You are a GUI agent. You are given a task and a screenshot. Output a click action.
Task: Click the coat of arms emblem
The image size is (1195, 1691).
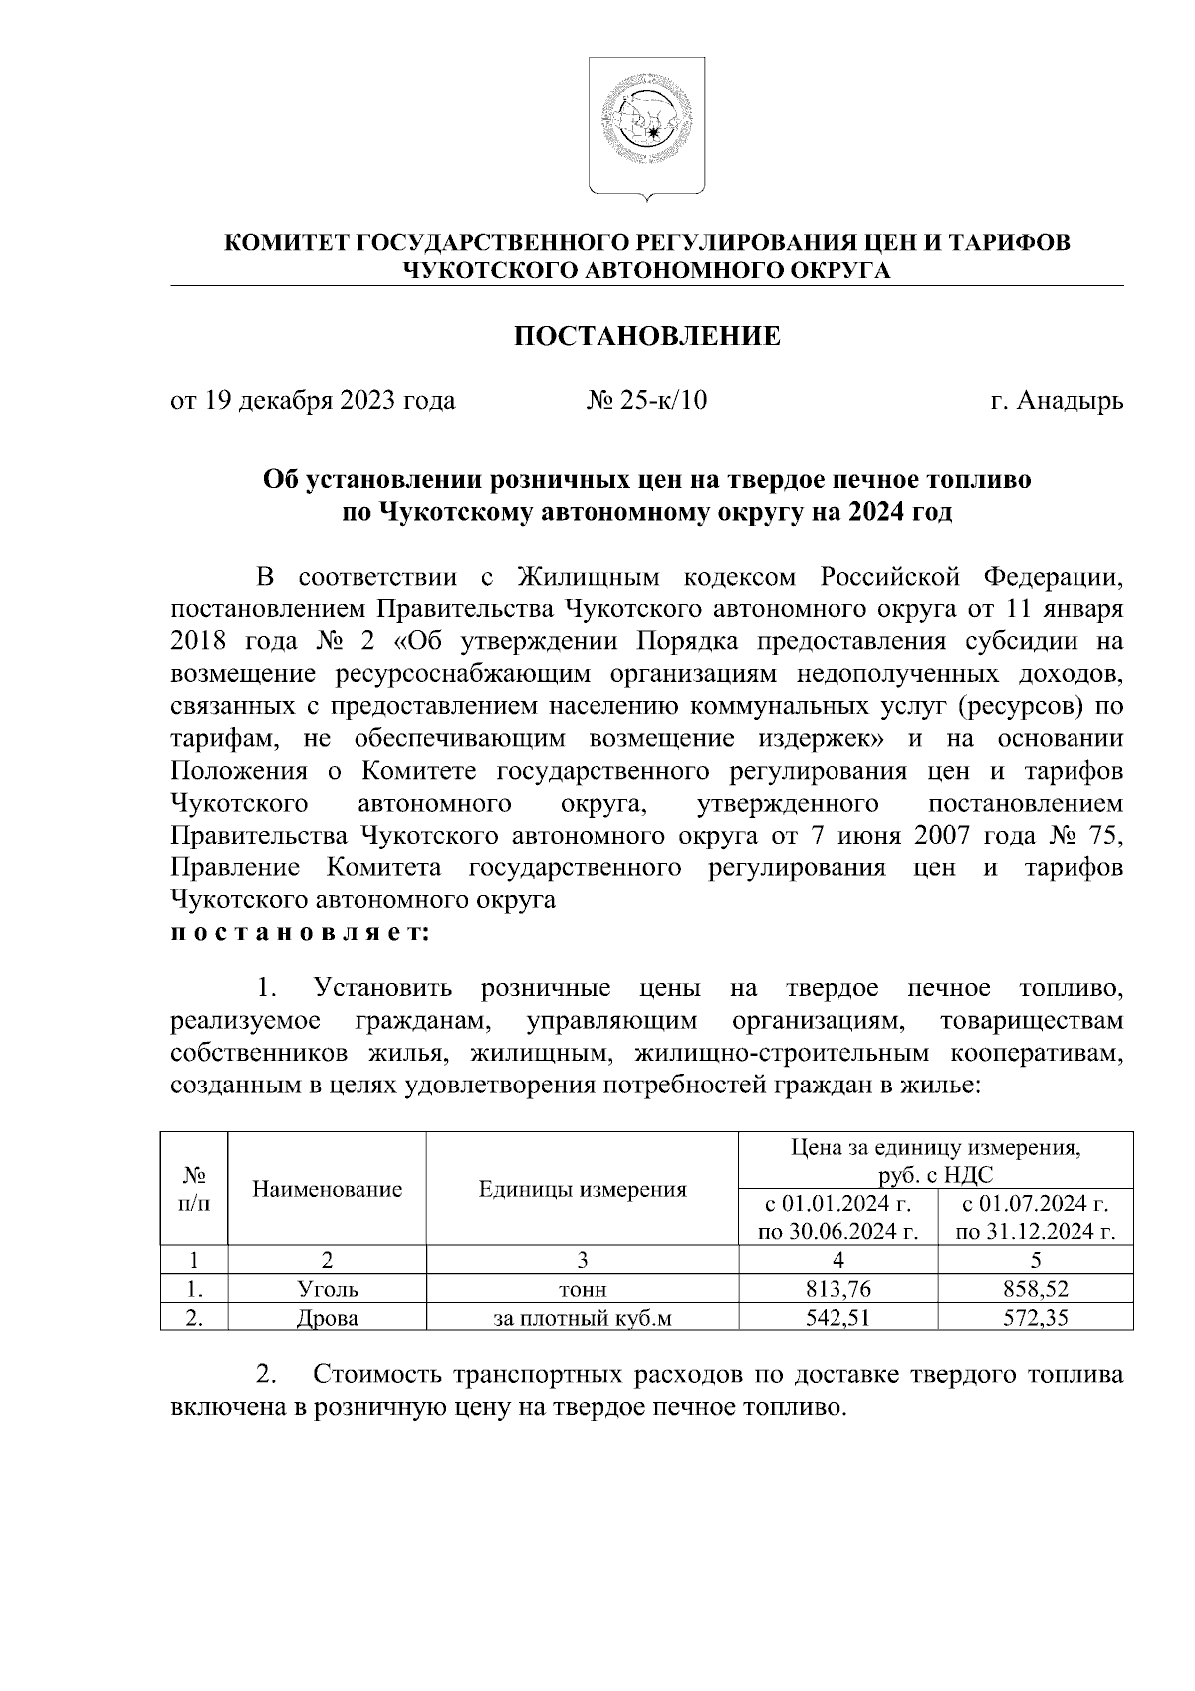tap(646, 125)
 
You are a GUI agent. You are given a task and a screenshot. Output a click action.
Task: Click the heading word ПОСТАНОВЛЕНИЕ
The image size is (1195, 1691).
tap(646, 336)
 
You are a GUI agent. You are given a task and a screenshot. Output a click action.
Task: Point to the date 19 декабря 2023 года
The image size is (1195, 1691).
tap(330, 401)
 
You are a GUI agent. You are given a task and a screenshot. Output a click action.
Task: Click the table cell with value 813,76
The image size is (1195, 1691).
tap(837, 1289)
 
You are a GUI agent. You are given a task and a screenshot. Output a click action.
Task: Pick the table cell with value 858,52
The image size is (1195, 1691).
tap(1036, 1289)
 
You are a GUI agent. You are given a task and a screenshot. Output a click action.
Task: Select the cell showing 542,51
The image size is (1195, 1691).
tap(837, 1318)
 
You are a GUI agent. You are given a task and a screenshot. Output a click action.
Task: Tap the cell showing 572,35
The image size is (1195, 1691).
tap(1036, 1318)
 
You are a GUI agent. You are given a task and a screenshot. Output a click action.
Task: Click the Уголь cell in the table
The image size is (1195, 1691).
tap(328, 1289)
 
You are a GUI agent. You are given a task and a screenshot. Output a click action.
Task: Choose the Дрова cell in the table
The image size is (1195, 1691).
tap(328, 1318)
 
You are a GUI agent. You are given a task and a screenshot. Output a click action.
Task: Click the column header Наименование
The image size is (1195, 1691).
tap(328, 1189)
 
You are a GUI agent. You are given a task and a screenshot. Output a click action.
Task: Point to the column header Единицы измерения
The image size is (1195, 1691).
tap(583, 1189)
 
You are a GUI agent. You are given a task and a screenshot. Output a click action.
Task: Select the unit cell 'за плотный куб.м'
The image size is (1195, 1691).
tap(583, 1318)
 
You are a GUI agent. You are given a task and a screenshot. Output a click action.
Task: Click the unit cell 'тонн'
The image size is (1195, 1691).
tap(583, 1289)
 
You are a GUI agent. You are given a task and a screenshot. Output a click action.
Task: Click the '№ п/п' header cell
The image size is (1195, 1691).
tap(195, 1189)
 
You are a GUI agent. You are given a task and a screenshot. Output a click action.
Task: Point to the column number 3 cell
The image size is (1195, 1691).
tap(583, 1259)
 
